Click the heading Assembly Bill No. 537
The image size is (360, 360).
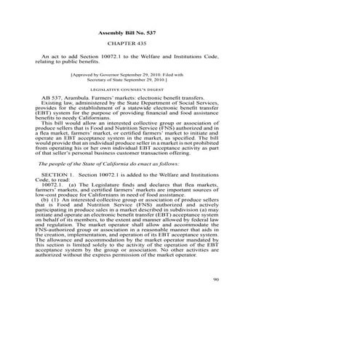coord(127,33)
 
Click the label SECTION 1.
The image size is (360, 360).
coord(57,176)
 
